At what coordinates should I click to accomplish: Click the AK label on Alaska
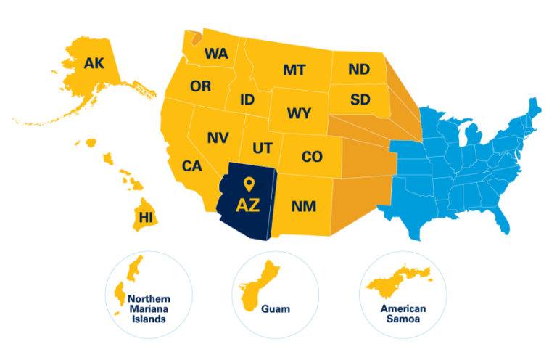[94, 63]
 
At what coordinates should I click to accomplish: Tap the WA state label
[216, 53]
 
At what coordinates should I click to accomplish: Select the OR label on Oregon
[200, 86]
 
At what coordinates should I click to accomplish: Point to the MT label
[294, 70]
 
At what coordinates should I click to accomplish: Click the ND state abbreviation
[358, 69]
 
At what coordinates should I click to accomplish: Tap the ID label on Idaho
[247, 99]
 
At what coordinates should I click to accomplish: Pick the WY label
[299, 114]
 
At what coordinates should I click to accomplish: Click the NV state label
[218, 137]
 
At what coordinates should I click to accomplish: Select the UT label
[263, 148]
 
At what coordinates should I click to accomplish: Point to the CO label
[311, 157]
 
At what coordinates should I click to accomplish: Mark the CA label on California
[191, 166]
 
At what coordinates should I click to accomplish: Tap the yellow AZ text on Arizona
[248, 204]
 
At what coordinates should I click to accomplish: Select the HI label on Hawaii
[145, 216]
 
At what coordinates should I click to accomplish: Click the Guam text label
[276, 309]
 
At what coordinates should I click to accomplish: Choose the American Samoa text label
[403, 314]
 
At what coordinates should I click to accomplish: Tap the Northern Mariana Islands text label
[148, 308]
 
